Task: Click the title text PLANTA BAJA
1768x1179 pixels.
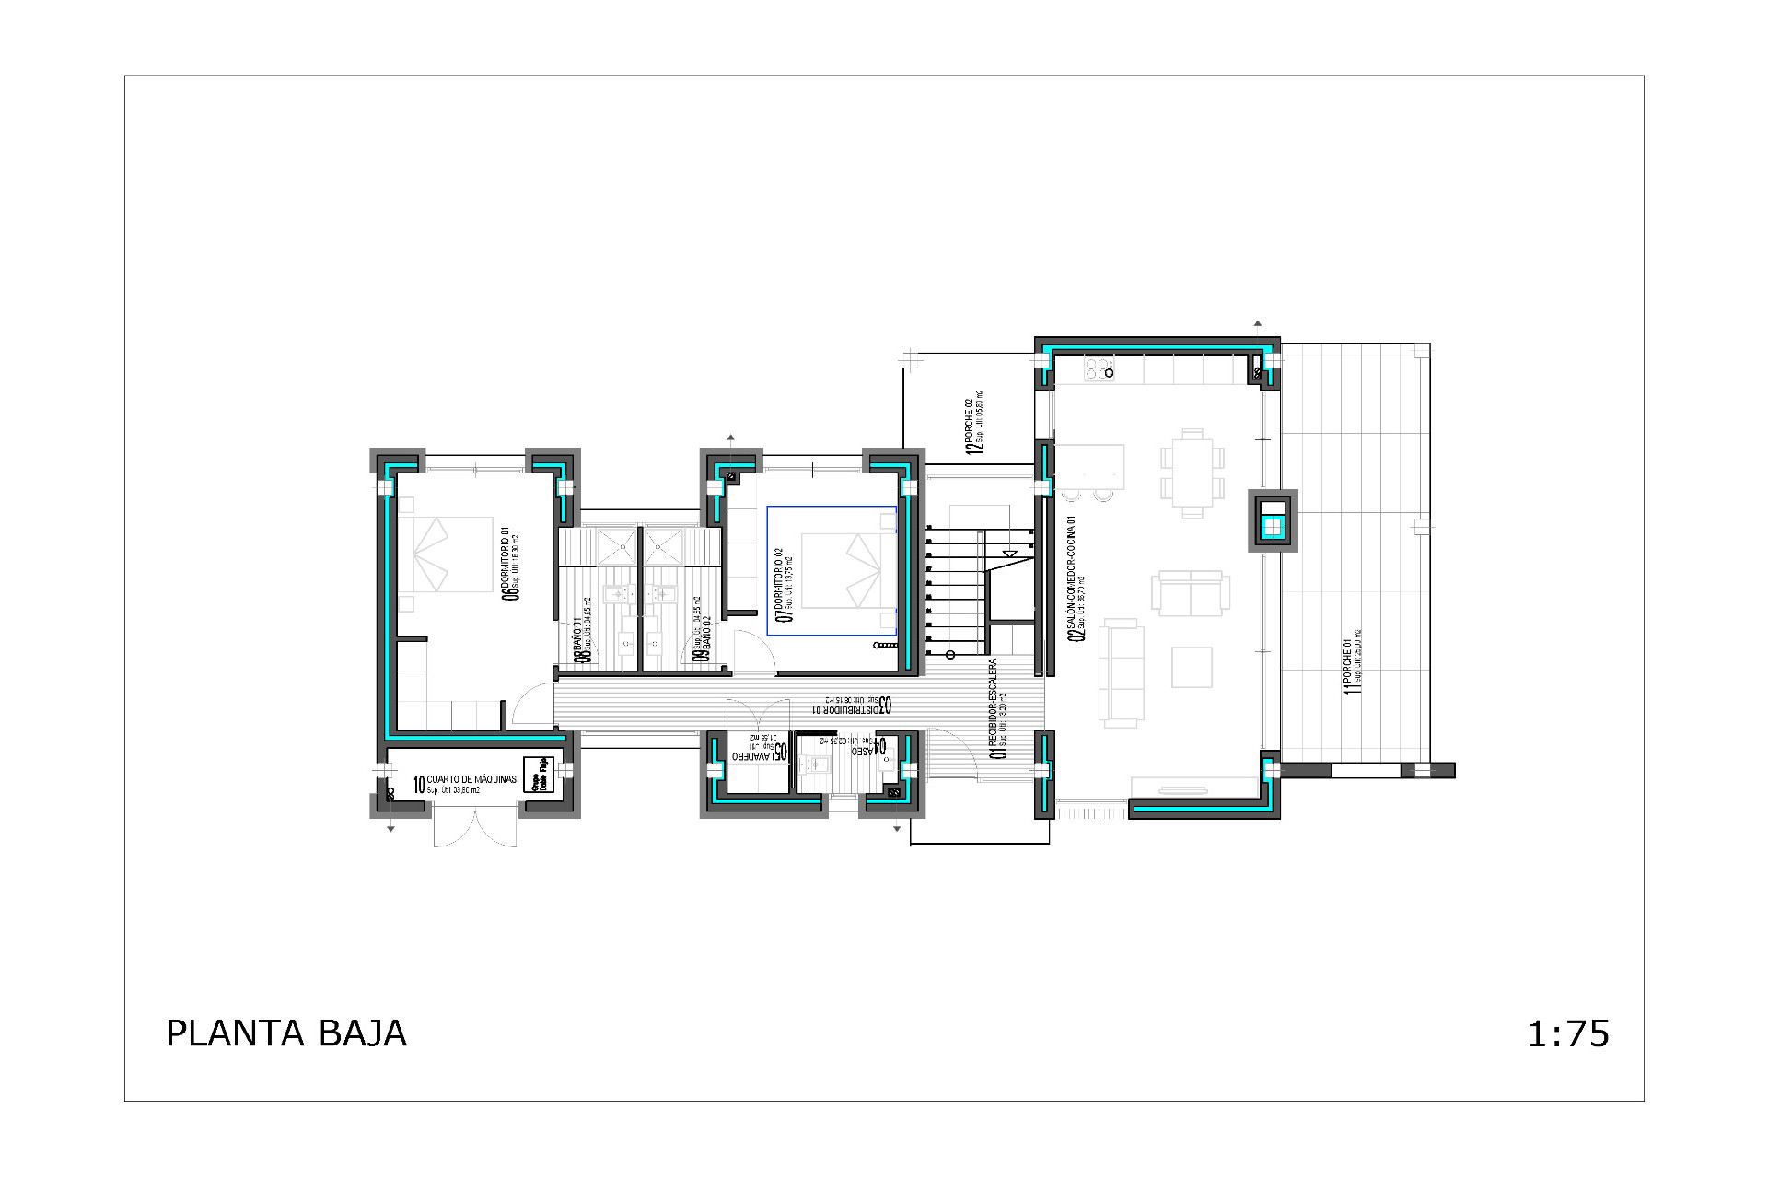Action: coord(285,1033)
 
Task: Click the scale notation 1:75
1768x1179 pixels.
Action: coord(1568,1034)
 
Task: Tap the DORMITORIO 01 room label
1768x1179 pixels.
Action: coord(509,563)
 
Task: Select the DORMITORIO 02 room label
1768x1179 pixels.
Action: coord(784,585)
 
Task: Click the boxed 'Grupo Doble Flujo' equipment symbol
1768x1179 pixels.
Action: coord(537,775)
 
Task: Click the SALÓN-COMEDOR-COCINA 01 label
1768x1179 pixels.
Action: coord(1074,576)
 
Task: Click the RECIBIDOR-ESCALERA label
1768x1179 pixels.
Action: coord(996,708)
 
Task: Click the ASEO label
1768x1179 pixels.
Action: coord(867,747)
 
